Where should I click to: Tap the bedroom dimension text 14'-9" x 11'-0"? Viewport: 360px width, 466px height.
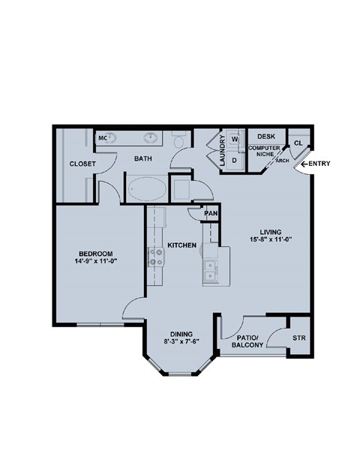(x=94, y=263)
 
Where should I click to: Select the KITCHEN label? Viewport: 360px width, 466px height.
(x=181, y=245)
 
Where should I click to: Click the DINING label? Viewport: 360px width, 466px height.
(x=181, y=334)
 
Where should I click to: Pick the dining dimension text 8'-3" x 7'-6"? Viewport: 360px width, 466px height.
(x=181, y=342)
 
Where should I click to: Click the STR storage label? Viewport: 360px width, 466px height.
(x=299, y=338)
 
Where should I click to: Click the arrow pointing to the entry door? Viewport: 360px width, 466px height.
(x=305, y=164)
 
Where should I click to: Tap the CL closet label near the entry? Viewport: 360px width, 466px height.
(x=298, y=143)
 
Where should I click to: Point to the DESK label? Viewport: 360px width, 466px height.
(x=266, y=137)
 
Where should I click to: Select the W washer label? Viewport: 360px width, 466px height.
(x=235, y=139)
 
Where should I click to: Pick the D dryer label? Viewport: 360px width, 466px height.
(x=235, y=159)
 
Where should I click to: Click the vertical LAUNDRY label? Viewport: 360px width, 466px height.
(x=222, y=150)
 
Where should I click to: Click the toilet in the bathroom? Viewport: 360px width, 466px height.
(x=178, y=142)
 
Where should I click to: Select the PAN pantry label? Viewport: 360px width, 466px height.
(x=211, y=213)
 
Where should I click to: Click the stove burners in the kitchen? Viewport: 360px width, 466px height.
(x=157, y=257)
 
